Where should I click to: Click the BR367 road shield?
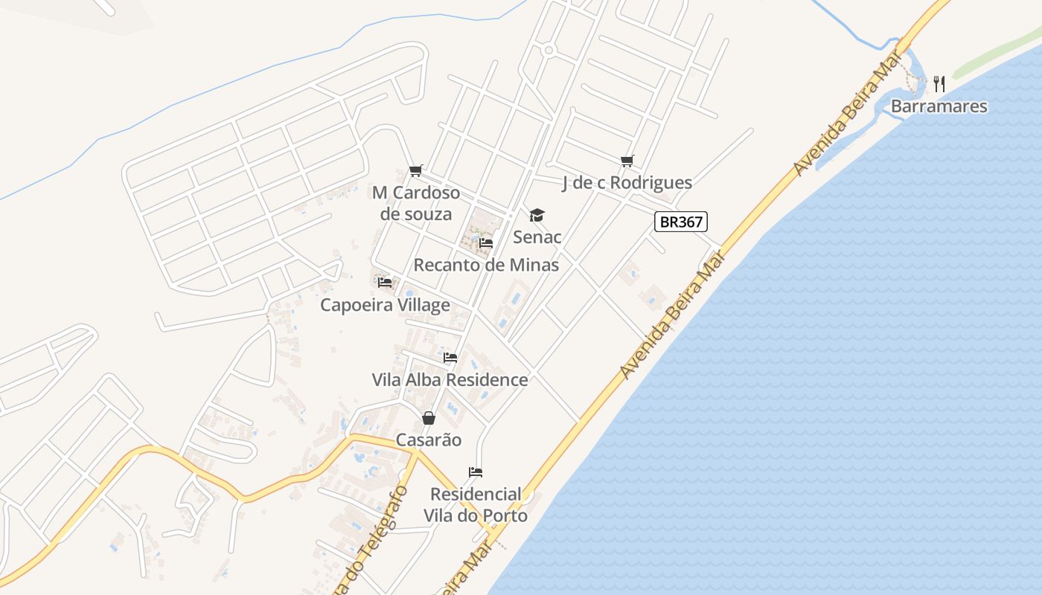coord(680,221)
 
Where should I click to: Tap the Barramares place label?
coord(939,106)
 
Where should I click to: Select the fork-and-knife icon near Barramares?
coord(939,84)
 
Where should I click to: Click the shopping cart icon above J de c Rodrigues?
coord(627,161)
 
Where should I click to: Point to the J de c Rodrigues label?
coord(627,183)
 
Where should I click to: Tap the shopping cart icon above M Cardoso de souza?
coord(416,171)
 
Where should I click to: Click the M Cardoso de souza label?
coord(416,203)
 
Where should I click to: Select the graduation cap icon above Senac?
coord(537,216)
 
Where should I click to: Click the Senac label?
coord(537,237)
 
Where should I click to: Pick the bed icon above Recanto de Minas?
coord(486,242)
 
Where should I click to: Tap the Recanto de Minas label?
coord(486,265)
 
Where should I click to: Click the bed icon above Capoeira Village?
coord(385,283)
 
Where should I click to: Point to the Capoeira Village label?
coord(385,305)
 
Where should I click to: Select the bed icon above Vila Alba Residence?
coord(450,358)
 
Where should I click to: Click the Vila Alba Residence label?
coord(450,380)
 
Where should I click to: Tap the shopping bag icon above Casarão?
coord(428,418)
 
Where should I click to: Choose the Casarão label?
coord(428,440)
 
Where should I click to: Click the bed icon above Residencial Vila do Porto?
coord(476,472)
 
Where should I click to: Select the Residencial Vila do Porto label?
coord(476,505)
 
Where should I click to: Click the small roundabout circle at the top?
coord(549,51)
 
